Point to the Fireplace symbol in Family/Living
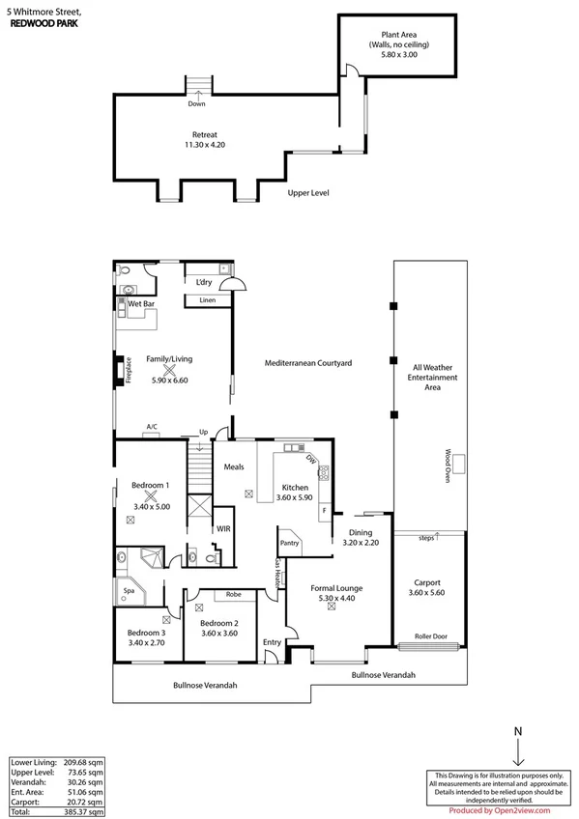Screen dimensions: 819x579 [120, 372]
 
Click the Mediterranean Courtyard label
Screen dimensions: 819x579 [307, 363]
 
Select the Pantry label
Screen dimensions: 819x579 [290, 543]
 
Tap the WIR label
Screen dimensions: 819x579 [223, 529]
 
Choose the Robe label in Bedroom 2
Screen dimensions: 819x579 [233, 595]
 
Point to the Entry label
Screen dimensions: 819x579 [272, 641]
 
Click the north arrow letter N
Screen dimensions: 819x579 [518, 731]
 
